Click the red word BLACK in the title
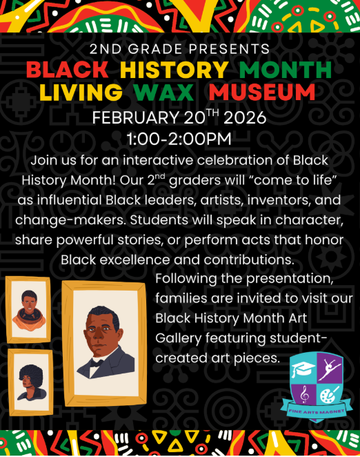[68, 70]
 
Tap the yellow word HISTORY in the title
[174, 70]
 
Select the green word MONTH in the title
[286, 70]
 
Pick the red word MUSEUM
[263, 93]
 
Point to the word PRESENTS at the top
[231, 49]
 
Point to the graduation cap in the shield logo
[303, 369]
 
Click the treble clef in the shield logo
[303, 393]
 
